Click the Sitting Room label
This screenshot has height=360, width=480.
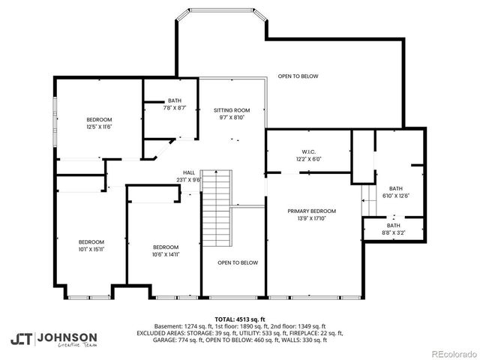[x=232, y=113]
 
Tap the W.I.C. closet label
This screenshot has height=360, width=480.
[x=308, y=154]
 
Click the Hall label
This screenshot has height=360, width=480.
[x=188, y=175]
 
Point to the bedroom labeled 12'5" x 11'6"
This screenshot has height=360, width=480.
[x=99, y=124]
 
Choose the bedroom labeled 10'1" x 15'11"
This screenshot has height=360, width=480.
[x=91, y=245]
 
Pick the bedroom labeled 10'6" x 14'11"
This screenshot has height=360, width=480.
[x=165, y=251]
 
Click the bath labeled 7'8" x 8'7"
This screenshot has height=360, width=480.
[x=174, y=104]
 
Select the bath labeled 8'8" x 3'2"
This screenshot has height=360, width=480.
[x=393, y=229]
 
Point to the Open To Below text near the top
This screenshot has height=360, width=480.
[x=298, y=76]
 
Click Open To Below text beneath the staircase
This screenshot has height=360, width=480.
[x=238, y=262]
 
